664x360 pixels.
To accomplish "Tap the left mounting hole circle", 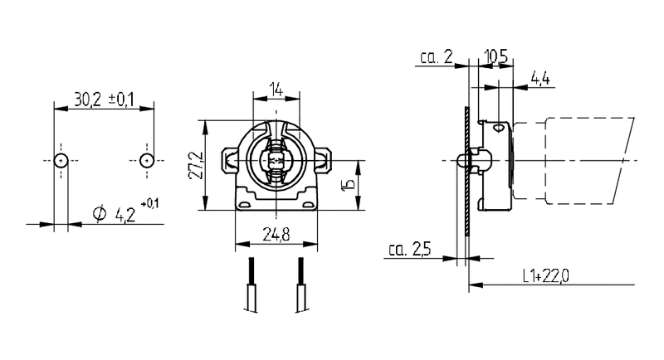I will tap(61, 160).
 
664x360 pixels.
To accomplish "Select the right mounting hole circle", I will tap(147, 160).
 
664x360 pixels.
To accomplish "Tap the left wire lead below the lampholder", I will tap(249, 286).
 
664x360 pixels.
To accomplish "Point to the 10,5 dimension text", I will tap(496, 56).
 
